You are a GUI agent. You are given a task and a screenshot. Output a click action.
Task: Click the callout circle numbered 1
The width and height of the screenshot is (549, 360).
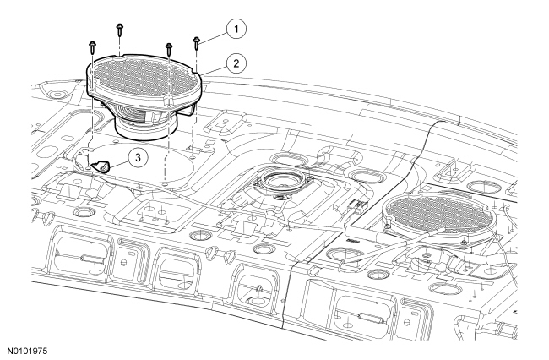coord(236,29)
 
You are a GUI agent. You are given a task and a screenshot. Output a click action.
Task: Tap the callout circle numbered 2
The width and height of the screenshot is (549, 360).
coord(236,63)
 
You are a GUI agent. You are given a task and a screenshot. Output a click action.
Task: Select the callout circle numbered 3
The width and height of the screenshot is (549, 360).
coord(138,157)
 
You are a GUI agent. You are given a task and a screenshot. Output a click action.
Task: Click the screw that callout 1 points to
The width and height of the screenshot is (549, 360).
coord(196,43)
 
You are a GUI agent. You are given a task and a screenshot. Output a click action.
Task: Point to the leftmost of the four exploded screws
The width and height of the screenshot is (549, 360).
coord(92,47)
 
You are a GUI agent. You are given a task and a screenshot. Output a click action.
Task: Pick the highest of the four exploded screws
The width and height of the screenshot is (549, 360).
coord(119,30)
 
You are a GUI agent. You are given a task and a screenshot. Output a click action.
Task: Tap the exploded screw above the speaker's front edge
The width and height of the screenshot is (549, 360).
coord(169,49)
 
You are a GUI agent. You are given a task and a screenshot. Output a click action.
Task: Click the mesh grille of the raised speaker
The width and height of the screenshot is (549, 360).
coord(142,76)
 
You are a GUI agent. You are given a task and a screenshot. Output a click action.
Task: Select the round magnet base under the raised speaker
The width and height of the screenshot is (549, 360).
coord(147,128)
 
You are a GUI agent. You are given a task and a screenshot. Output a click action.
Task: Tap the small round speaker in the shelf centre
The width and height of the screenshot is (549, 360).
coord(282,182)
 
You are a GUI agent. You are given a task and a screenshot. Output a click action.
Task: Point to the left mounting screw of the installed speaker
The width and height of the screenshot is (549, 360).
coord(389,226)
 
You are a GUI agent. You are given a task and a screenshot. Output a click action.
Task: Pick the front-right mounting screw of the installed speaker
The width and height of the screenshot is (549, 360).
coord(464,242)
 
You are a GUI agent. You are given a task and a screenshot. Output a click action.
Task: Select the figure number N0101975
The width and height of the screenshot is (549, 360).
coord(27,352)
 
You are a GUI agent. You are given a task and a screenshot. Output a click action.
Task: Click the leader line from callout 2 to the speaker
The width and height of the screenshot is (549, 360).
coord(215,69)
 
